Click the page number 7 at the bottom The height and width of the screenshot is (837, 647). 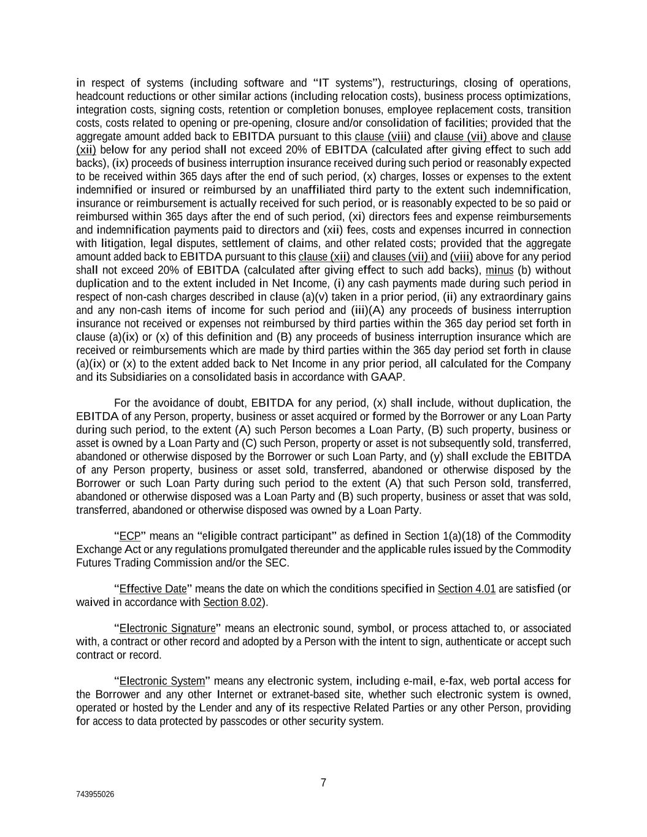[x=323, y=782]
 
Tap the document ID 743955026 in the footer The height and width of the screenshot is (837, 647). [x=95, y=794]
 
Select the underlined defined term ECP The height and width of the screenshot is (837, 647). [x=130, y=537]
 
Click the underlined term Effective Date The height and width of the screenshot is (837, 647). [x=153, y=589]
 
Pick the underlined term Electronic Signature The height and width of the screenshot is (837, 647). [x=167, y=629]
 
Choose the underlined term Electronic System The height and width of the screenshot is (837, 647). [x=162, y=681]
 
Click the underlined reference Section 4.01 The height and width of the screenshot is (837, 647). [x=466, y=589]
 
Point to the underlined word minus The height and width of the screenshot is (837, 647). [x=499, y=270]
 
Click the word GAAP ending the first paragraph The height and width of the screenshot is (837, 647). [x=388, y=377]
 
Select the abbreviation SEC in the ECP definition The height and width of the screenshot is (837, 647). [x=278, y=563]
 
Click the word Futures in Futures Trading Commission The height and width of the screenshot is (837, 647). [x=93, y=563]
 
